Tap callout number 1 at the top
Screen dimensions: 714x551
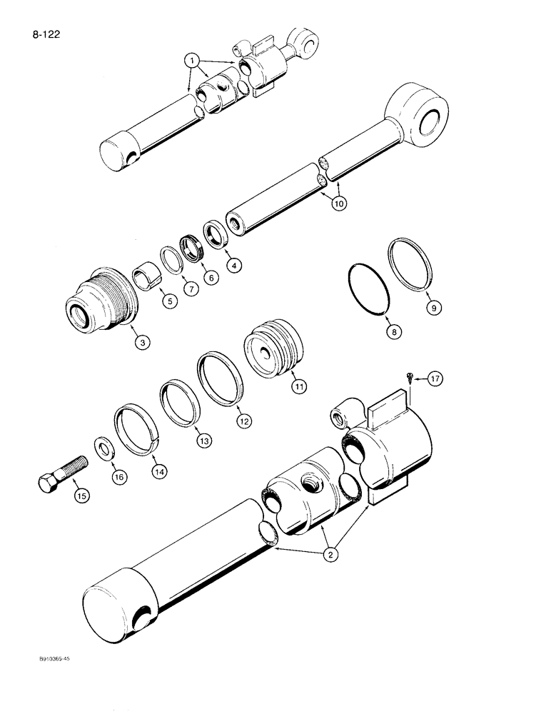pos(191,59)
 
